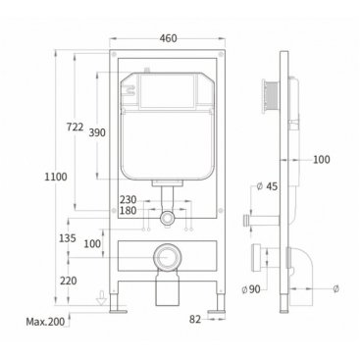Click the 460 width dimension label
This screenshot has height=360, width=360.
[168, 38]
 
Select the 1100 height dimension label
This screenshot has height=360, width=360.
[56, 177]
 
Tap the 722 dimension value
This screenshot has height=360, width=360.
[75, 127]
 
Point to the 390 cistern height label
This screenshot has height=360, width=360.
[97, 132]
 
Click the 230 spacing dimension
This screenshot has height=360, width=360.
[128, 199]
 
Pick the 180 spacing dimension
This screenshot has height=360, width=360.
[128, 211]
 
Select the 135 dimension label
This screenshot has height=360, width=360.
[68, 238]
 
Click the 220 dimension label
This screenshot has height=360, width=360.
[69, 281]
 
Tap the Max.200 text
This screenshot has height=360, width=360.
[45, 322]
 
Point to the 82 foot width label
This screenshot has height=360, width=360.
[195, 319]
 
